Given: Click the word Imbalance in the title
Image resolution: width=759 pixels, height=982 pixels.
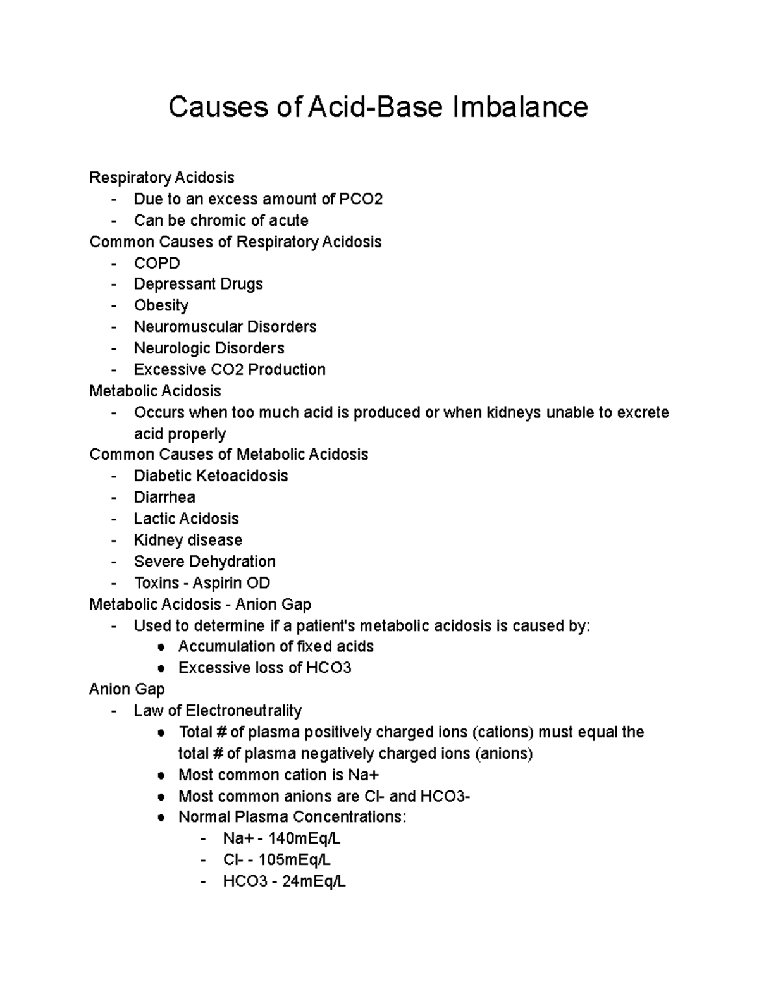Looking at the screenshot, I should pyautogui.click(x=519, y=107).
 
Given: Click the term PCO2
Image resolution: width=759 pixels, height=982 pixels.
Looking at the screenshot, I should pyautogui.click(x=361, y=199).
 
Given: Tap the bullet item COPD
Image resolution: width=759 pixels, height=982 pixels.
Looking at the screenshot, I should pyautogui.click(x=157, y=263).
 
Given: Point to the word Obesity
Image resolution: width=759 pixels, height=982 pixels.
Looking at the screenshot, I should pyautogui.click(x=161, y=305).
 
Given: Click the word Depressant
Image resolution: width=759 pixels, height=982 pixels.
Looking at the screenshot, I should pyautogui.click(x=166, y=285).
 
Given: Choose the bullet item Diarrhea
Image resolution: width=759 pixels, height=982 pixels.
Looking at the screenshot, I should pyautogui.click(x=164, y=497).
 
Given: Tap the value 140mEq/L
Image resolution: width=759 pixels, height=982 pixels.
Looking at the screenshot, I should pyautogui.click(x=304, y=839).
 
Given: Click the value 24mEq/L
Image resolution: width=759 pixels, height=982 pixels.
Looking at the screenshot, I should pyautogui.click(x=314, y=881).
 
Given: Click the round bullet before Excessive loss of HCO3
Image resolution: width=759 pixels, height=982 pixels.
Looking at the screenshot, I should pyautogui.click(x=163, y=668).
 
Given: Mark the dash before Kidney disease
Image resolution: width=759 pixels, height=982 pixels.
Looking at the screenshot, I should pyautogui.click(x=114, y=541).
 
